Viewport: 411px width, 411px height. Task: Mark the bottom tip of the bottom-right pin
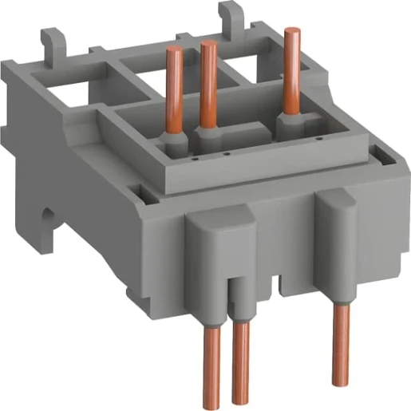tap(341, 377)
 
